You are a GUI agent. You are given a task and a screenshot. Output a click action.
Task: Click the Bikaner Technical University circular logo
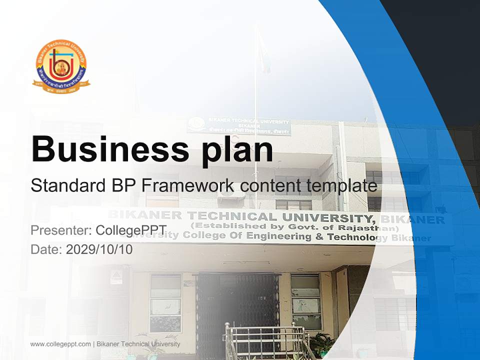pyautogui.click(x=61, y=67)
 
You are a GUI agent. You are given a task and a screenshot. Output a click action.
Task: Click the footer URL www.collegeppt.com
pyautogui.click(x=60, y=344)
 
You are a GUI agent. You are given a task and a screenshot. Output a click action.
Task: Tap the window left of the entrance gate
pyautogui.click(x=165, y=302)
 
